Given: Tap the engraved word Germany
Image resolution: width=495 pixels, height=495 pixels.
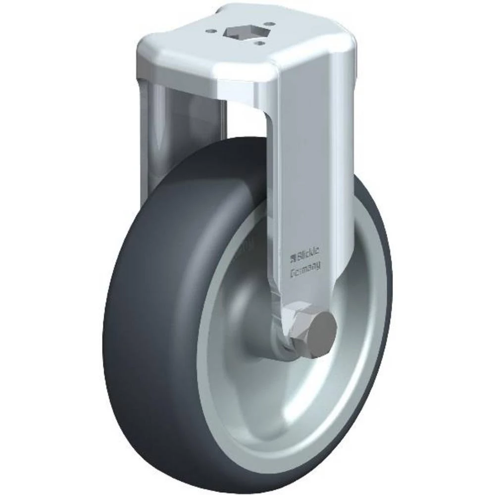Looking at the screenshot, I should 304,265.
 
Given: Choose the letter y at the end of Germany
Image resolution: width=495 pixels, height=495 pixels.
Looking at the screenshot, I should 317,267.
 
